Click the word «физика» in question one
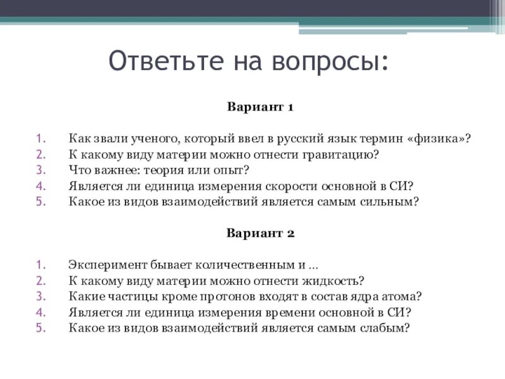click(440, 138)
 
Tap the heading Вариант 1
click(260, 107)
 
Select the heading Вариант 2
click(260, 232)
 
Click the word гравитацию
click(347, 154)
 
